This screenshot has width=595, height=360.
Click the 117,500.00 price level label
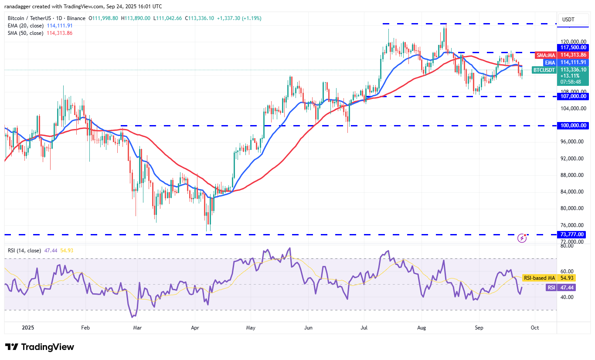point(573,48)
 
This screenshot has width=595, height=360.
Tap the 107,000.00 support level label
point(573,96)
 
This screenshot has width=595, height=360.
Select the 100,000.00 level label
point(573,126)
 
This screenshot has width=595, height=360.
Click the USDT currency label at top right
point(568,20)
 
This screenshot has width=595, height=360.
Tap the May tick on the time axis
point(250,327)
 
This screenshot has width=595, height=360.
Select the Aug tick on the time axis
point(422,327)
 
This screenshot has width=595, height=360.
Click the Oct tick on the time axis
point(535,327)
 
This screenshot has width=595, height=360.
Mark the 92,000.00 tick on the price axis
point(572,159)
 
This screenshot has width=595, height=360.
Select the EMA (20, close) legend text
point(25,26)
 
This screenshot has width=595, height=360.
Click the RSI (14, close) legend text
point(24,251)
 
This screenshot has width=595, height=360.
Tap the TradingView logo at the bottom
point(40,347)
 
